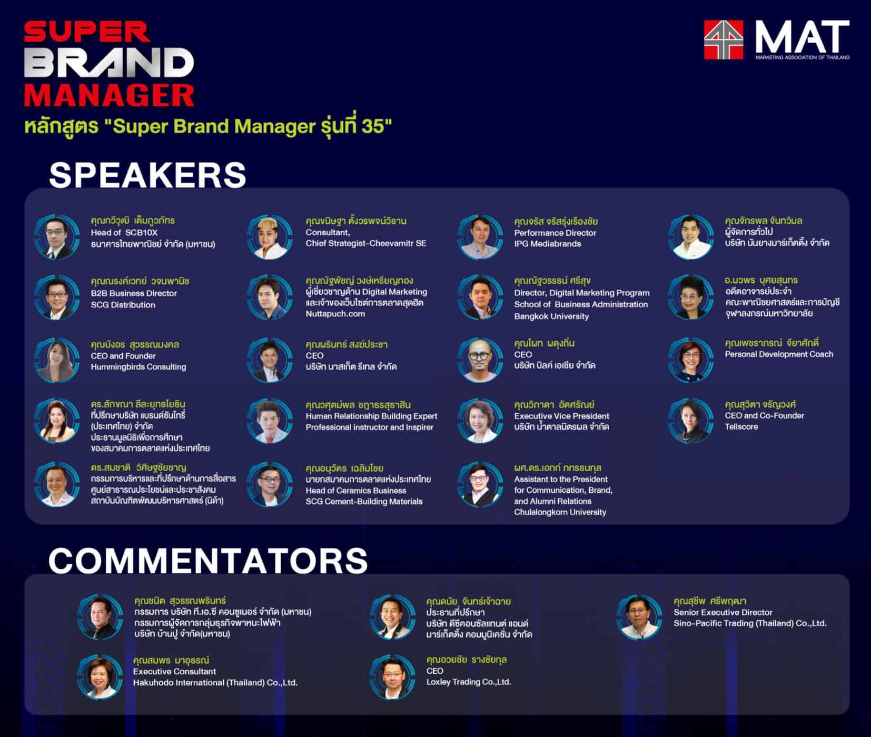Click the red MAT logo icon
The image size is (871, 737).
pos(724,40)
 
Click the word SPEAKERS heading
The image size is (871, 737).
pos(147,175)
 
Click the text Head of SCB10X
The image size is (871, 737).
pos(124,232)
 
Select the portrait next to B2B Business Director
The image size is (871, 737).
pos(57,297)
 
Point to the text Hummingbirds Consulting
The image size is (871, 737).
pos(138,366)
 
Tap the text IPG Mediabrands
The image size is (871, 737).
pos(548,244)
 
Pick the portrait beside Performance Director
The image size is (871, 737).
pos(480,237)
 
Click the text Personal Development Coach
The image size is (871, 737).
pos(779,354)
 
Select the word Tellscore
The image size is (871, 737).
pos(741,426)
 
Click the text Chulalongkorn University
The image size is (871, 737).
pos(560,512)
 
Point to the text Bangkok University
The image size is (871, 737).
pos(551,316)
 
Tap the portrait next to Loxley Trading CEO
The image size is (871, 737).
pos(392,677)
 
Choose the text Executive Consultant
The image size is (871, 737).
pos(174,671)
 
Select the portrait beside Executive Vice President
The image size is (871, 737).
pos(480,420)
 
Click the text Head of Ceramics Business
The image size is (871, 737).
pos(356,490)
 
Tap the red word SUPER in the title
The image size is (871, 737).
pos(87,33)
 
